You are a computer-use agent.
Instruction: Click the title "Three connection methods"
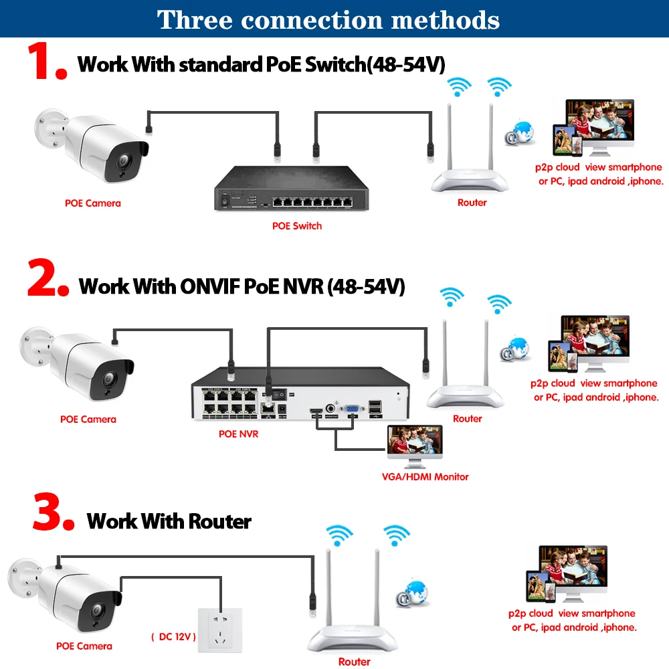pos(328,19)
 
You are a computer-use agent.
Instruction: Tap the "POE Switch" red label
pos(296,226)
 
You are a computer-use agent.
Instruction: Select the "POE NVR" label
pos(238,434)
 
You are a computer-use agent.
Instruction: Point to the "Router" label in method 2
pos(467,419)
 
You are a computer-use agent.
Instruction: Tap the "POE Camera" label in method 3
pos(84,646)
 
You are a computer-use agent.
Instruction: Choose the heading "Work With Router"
pos(169,521)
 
